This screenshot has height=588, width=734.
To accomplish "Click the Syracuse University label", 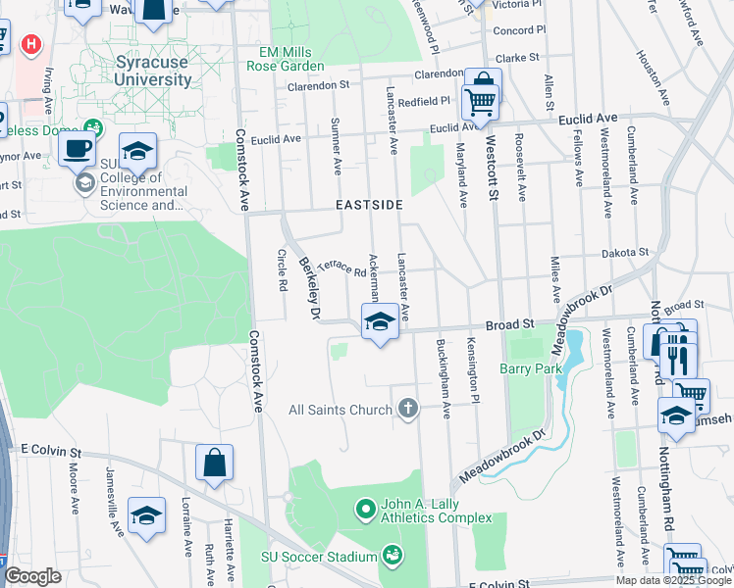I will (153, 71).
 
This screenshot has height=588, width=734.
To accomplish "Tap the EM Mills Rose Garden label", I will (291, 59).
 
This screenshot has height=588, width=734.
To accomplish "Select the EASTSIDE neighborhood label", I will (369, 205).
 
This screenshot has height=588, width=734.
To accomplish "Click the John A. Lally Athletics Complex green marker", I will (365, 509).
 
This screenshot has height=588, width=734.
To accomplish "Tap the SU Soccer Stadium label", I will (318, 557).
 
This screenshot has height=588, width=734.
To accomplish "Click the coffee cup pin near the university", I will (77, 150).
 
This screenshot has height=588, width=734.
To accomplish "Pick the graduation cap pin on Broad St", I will (379, 321).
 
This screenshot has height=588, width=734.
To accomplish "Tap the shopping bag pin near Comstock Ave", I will (214, 462).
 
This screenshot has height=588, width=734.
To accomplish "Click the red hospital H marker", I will (32, 45).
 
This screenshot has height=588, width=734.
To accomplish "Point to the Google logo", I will (32, 576).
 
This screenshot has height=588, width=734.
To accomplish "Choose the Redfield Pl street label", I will (423, 100).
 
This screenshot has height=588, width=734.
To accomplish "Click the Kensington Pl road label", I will (472, 362).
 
